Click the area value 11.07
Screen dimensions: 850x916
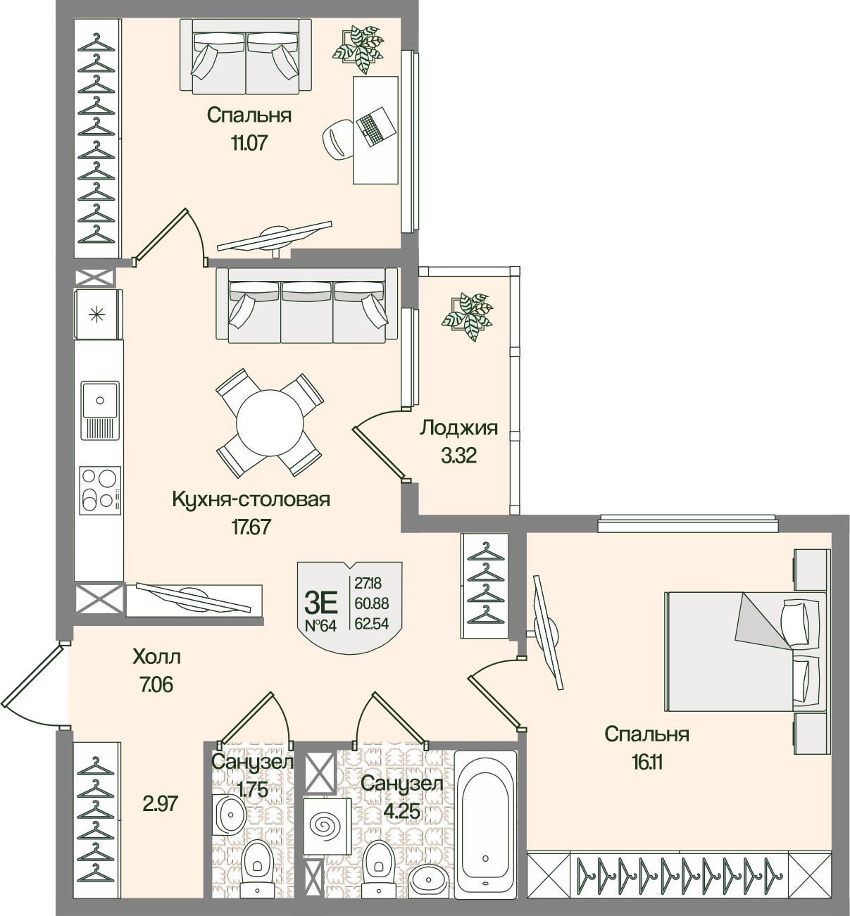click(x=249, y=144)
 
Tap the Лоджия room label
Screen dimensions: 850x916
click(x=458, y=429)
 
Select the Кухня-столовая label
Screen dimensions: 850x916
click(x=251, y=499)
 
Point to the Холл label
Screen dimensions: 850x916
click(x=157, y=656)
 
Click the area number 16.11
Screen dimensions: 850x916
click(x=647, y=763)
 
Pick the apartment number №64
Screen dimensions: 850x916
click(x=320, y=626)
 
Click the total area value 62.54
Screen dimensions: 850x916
click(x=371, y=624)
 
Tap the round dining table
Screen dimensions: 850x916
click(x=270, y=423)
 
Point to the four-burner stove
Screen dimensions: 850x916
click(x=100, y=490)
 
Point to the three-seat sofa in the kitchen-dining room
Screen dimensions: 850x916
click(x=307, y=306)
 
